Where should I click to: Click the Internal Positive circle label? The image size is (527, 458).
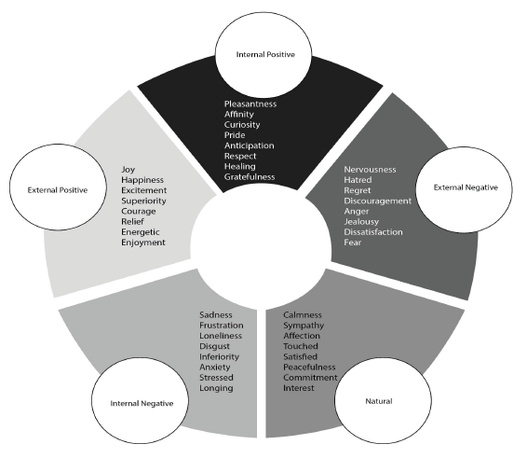265,54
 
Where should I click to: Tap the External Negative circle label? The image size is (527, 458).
466,187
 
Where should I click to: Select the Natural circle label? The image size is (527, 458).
379,401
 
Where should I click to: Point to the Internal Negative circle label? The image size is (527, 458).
142,404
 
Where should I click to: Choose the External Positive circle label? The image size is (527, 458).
58,190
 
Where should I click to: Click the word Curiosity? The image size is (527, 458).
242,125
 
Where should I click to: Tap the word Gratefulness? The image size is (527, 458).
250,177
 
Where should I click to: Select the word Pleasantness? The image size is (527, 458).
250,104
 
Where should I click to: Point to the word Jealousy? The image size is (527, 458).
361,222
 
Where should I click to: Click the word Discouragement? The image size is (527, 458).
377,201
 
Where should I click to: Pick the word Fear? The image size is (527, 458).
353,243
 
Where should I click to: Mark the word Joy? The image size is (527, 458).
128,170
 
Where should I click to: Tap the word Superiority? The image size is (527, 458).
143,201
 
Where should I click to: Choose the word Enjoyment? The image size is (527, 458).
143,243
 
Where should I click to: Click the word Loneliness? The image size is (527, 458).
221,336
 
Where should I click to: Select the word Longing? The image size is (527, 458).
216,388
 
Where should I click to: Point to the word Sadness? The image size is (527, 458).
216,315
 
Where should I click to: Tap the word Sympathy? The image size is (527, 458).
304,326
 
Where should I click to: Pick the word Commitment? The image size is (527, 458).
310,378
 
